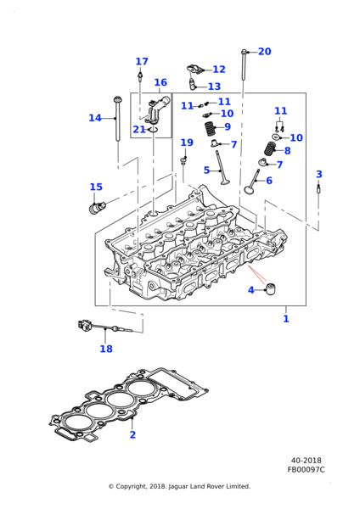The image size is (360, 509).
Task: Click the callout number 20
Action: click(x=264, y=52)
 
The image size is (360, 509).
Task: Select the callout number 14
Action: click(x=95, y=118)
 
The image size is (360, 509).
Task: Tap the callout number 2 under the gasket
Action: click(x=132, y=434)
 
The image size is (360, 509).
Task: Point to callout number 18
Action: click(x=106, y=349)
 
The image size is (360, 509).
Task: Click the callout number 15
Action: click(x=96, y=187)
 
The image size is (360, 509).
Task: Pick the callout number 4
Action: click(x=250, y=290)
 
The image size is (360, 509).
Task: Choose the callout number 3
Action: click(x=319, y=174)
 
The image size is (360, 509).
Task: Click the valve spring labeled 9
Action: click(x=210, y=129)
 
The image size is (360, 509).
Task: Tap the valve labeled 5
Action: click(x=221, y=168)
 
